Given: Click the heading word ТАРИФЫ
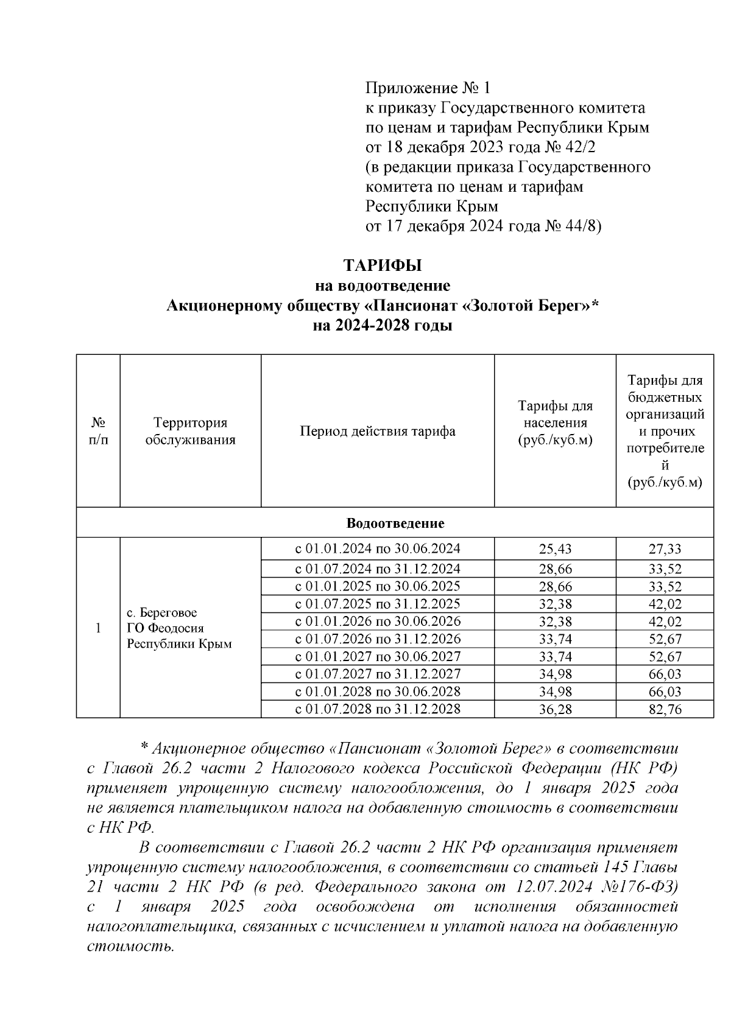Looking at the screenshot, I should [382, 266].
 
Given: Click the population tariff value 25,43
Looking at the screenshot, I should [555, 549].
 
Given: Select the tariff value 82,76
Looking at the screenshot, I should [665, 710].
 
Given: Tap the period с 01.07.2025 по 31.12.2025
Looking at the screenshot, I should [378, 604].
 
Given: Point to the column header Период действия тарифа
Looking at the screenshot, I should [378, 432].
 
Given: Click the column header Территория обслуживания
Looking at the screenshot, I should [190, 432].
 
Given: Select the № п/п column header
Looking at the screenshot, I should [98, 432].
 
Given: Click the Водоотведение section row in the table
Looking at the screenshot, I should [395, 524].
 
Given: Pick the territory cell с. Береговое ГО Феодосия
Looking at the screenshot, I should [179, 628].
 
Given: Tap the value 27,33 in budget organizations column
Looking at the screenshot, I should [665, 549].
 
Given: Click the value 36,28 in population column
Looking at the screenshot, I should [555, 710].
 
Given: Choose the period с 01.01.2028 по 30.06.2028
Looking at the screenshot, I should [378, 692].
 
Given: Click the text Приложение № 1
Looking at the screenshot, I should [427, 89].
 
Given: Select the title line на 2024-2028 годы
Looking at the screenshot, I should [382, 326].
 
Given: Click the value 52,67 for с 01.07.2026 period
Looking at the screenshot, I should [665, 640].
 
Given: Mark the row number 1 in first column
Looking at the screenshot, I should [98, 628].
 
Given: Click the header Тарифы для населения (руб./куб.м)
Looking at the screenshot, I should [555, 423].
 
